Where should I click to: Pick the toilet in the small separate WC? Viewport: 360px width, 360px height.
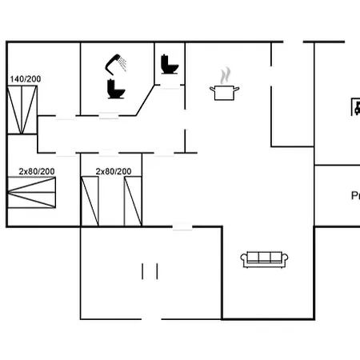169,63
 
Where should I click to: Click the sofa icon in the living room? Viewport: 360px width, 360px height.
265,258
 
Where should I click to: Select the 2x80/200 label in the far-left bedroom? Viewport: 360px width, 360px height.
37,171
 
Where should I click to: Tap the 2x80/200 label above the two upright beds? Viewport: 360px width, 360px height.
114,171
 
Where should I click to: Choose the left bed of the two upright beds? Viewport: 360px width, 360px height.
90,202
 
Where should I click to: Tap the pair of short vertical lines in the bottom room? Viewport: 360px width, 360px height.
150,271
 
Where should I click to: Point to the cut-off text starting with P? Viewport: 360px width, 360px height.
354,195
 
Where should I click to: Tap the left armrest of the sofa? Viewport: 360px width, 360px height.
244,258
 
